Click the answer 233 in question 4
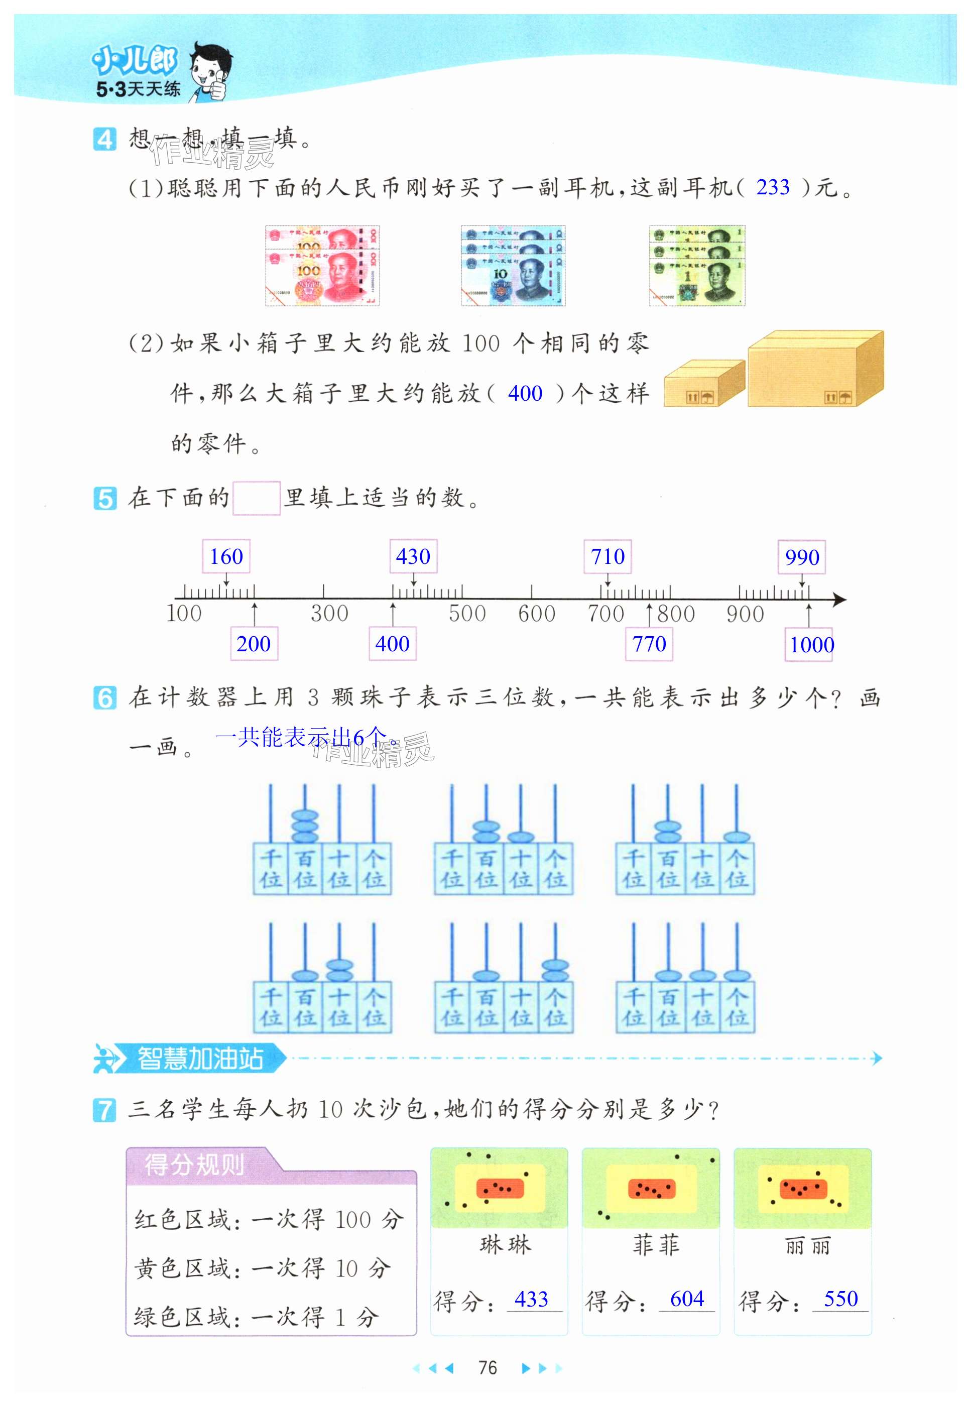pos(773,187)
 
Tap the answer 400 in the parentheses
pos(525,394)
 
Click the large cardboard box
pos(815,369)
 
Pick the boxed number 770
pos(649,644)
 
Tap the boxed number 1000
pos(812,645)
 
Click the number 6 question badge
pos(104,698)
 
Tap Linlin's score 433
pos(531,1300)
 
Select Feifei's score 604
pos(687,1299)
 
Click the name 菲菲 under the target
pos(656,1245)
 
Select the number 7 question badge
pos(104,1110)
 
